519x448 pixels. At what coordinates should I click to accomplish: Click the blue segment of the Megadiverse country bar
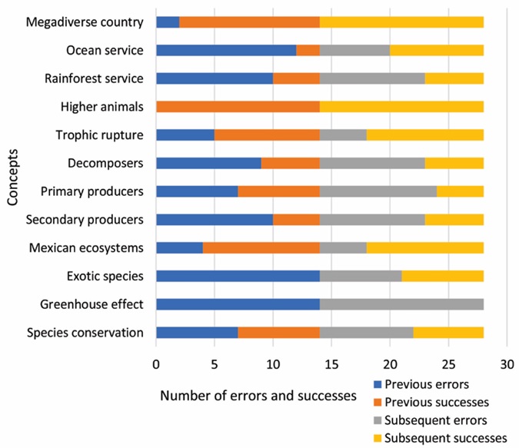(168, 22)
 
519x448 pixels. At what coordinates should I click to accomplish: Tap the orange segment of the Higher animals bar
(238, 106)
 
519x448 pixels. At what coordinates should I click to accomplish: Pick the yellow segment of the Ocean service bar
(437, 50)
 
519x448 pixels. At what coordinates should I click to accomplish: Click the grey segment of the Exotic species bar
(361, 276)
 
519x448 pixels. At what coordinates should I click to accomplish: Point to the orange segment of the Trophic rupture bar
(267, 134)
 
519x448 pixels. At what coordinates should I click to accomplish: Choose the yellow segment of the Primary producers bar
(460, 191)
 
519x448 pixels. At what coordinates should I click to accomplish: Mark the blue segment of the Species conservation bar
(197, 333)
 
